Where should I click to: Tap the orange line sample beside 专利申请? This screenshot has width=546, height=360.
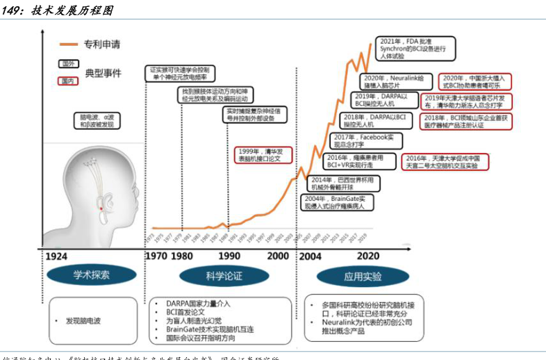pyautogui.click(x=68, y=44)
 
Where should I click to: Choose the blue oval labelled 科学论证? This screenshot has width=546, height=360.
pyautogui.click(x=223, y=275)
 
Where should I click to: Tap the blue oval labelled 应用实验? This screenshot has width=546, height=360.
pyautogui.click(x=361, y=276)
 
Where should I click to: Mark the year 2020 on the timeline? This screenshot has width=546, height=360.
pyautogui.click(x=367, y=256)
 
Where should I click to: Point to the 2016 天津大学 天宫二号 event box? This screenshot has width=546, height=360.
pyautogui.click(x=445, y=162)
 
